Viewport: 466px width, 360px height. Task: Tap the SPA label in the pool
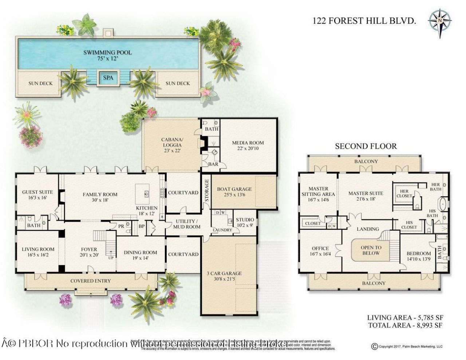[x=108, y=78]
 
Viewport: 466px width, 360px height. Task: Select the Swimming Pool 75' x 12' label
[x=107, y=55]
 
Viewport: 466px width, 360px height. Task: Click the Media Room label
[x=248, y=146]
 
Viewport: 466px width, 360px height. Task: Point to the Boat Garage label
[x=234, y=192]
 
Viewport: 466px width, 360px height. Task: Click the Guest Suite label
[x=37, y=195]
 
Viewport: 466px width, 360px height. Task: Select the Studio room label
[x=245, y=222]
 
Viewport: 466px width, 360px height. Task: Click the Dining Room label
[x=140, y=255]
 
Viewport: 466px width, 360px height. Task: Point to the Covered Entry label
[x=90, y=281]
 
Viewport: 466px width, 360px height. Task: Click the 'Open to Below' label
[x=371, y=250]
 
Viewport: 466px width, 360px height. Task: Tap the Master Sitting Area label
[x=319, y=191]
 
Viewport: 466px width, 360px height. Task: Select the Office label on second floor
[x=320, y=251]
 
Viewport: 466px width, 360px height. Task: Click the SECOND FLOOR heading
[x=366, y=146]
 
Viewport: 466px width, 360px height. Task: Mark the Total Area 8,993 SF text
[x=405, y=325]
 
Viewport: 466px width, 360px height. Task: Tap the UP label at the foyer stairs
[x=111, y=258]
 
